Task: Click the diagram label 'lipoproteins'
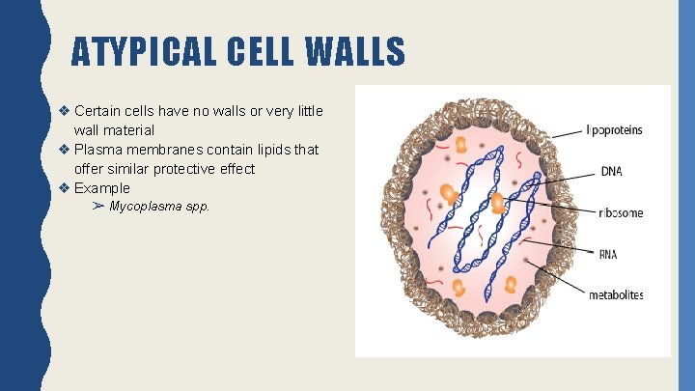(x=615, y=130)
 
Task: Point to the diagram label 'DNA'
(x=611, y=172)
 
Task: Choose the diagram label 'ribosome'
(x=621, y=213)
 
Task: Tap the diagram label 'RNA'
(x=608, y=255)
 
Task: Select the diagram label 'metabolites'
(x=616, y=295)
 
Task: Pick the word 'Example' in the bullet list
(x=101, y=188)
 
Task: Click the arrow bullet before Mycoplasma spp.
(x=98, y=207)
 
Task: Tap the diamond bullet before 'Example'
(x=64, y=188)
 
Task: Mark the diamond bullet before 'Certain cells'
(x=64, y=111)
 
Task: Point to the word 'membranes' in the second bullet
(x=159, y=150)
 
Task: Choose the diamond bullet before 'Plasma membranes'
(x=64, y=150)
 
